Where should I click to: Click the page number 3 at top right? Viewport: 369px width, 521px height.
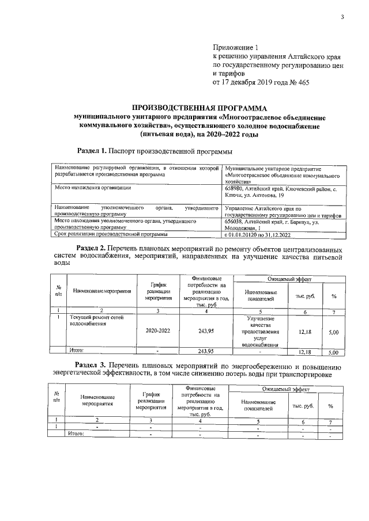pyautogui.click(x=342, y=17)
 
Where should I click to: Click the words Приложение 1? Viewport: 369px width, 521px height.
pyautogui.click(x=236, y=48)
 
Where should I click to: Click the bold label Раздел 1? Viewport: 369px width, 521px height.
pyautogui.click(x=92, y=151)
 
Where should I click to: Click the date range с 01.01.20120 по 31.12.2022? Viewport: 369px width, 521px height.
pyautogui.click(x=263, y=234)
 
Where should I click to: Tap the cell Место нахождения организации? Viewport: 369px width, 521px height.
pyautogui.click(x=93, y=188)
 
